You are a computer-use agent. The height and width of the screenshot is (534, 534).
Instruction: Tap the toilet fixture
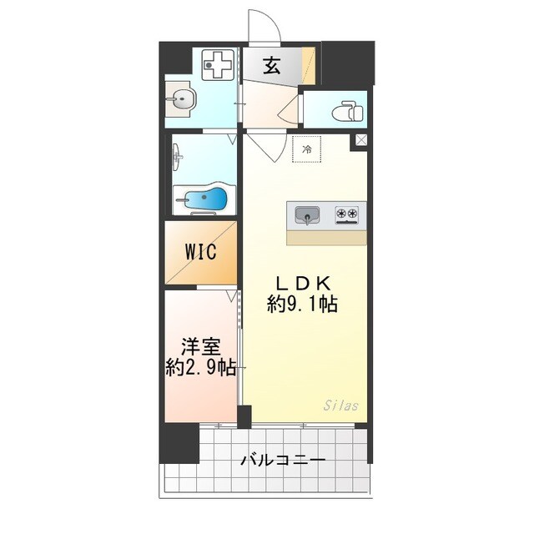coord(345,110)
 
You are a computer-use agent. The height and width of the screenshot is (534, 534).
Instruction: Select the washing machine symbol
coord(219,66)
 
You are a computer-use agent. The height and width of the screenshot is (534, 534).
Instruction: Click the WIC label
coord(201,251)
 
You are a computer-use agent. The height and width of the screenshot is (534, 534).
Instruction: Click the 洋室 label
coord(200,345)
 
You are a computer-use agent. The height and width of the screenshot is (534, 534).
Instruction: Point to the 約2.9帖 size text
coord(200,368)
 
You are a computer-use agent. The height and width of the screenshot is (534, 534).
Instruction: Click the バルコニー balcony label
coord(283,460)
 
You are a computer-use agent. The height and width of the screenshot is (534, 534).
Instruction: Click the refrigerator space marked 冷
coord(306,149)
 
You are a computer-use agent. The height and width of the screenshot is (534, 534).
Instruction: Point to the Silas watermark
coord(340,406)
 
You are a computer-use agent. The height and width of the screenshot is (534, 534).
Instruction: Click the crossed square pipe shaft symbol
coord(360,141)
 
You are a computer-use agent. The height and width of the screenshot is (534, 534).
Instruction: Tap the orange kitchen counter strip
coord(326,237)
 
